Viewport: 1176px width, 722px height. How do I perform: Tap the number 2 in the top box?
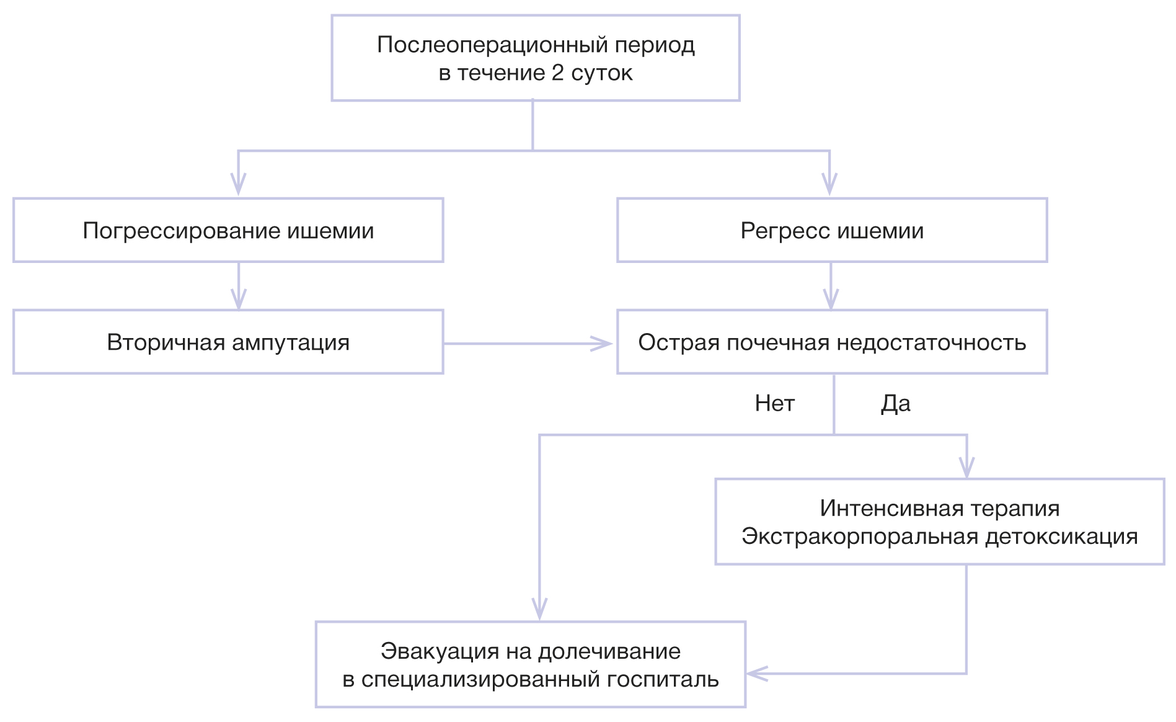pos(557,73)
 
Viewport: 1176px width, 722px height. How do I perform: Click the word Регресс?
pos(785,231)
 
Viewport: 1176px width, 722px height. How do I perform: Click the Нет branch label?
pos(774,404)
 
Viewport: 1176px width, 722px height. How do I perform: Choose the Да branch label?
pos(896,404)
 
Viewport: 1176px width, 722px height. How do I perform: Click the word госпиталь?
pos(663,680)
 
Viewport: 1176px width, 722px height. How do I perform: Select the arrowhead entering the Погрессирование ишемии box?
pos(239,185)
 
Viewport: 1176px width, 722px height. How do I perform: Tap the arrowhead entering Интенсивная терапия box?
pos(966,468)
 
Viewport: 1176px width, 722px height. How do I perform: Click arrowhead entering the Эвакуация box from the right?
pos(756,674)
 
